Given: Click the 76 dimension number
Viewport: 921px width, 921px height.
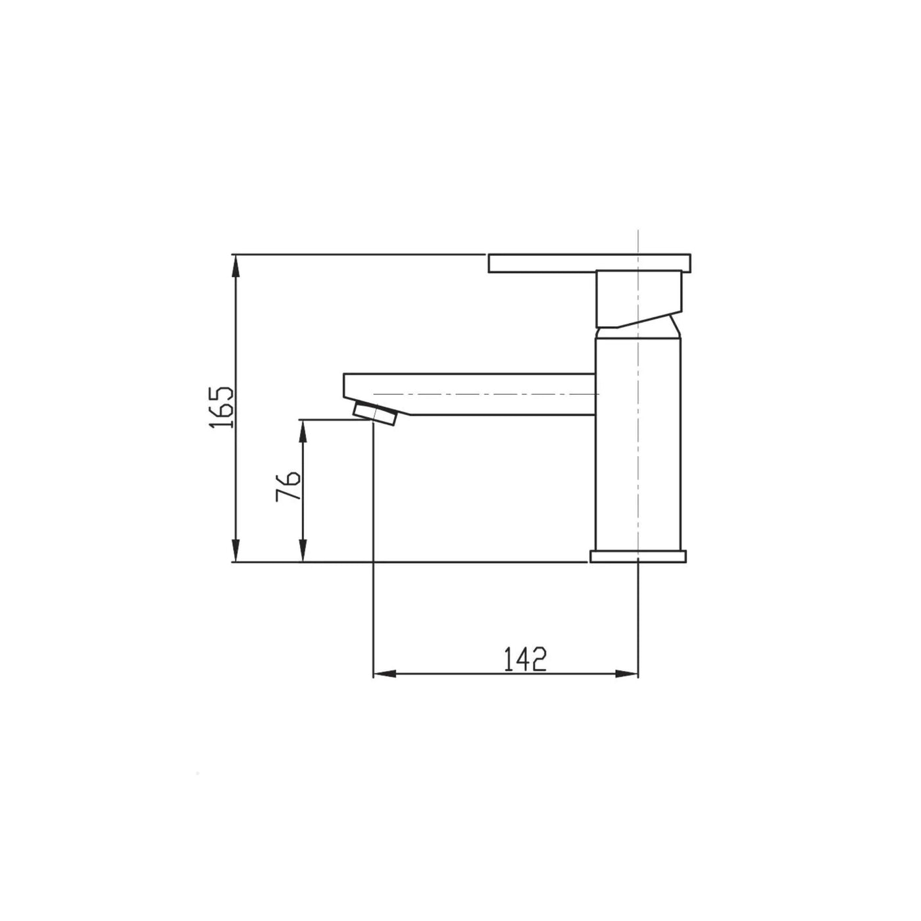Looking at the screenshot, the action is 287,486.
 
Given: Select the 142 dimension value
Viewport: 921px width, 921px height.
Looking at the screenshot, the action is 525,660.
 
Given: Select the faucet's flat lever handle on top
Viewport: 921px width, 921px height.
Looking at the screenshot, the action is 589,263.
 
